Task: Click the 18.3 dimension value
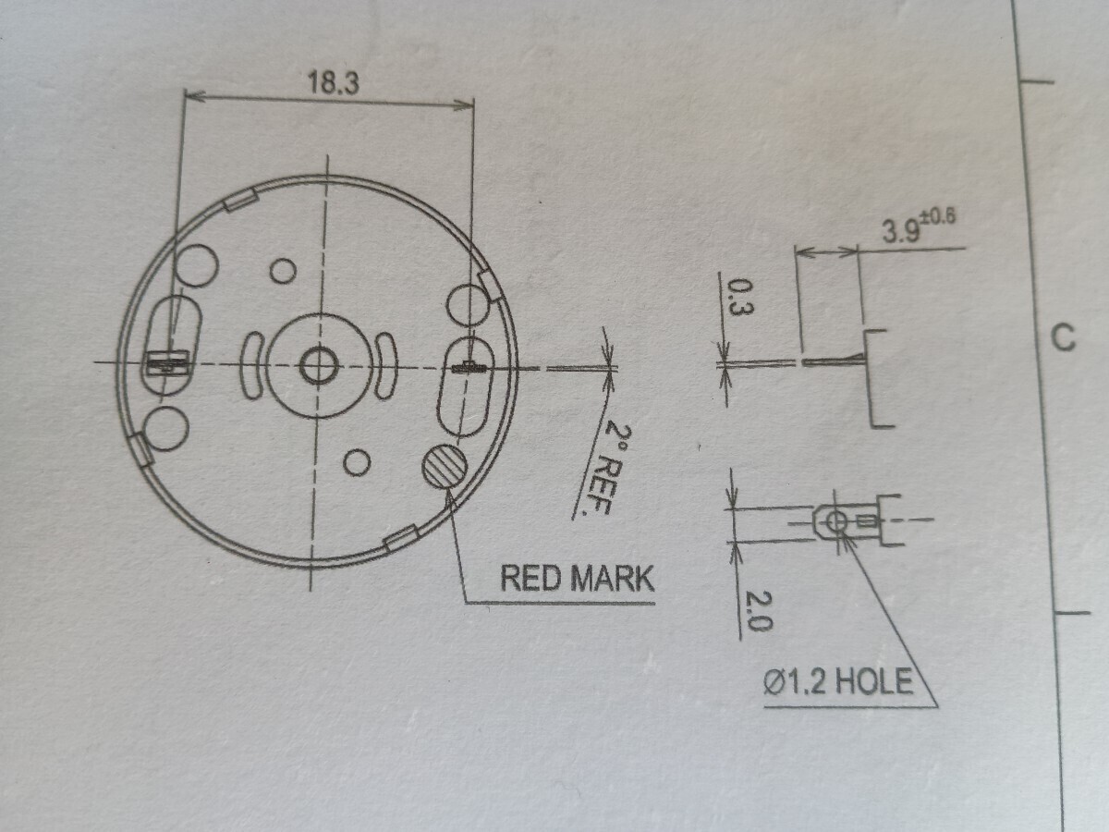pos(334,82)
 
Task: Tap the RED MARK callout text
pos(578,579)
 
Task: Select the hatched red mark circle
pos(445,467)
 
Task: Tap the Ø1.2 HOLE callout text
pos(838,681)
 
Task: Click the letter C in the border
pos(1064,337)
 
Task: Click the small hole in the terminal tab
pos(836,520)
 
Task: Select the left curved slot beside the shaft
pos(251,366)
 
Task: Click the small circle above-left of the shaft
pos(283,271)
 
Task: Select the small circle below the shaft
pos(357,462)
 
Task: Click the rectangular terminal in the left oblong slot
pos(168,362)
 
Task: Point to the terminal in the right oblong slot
pos(469,368)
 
